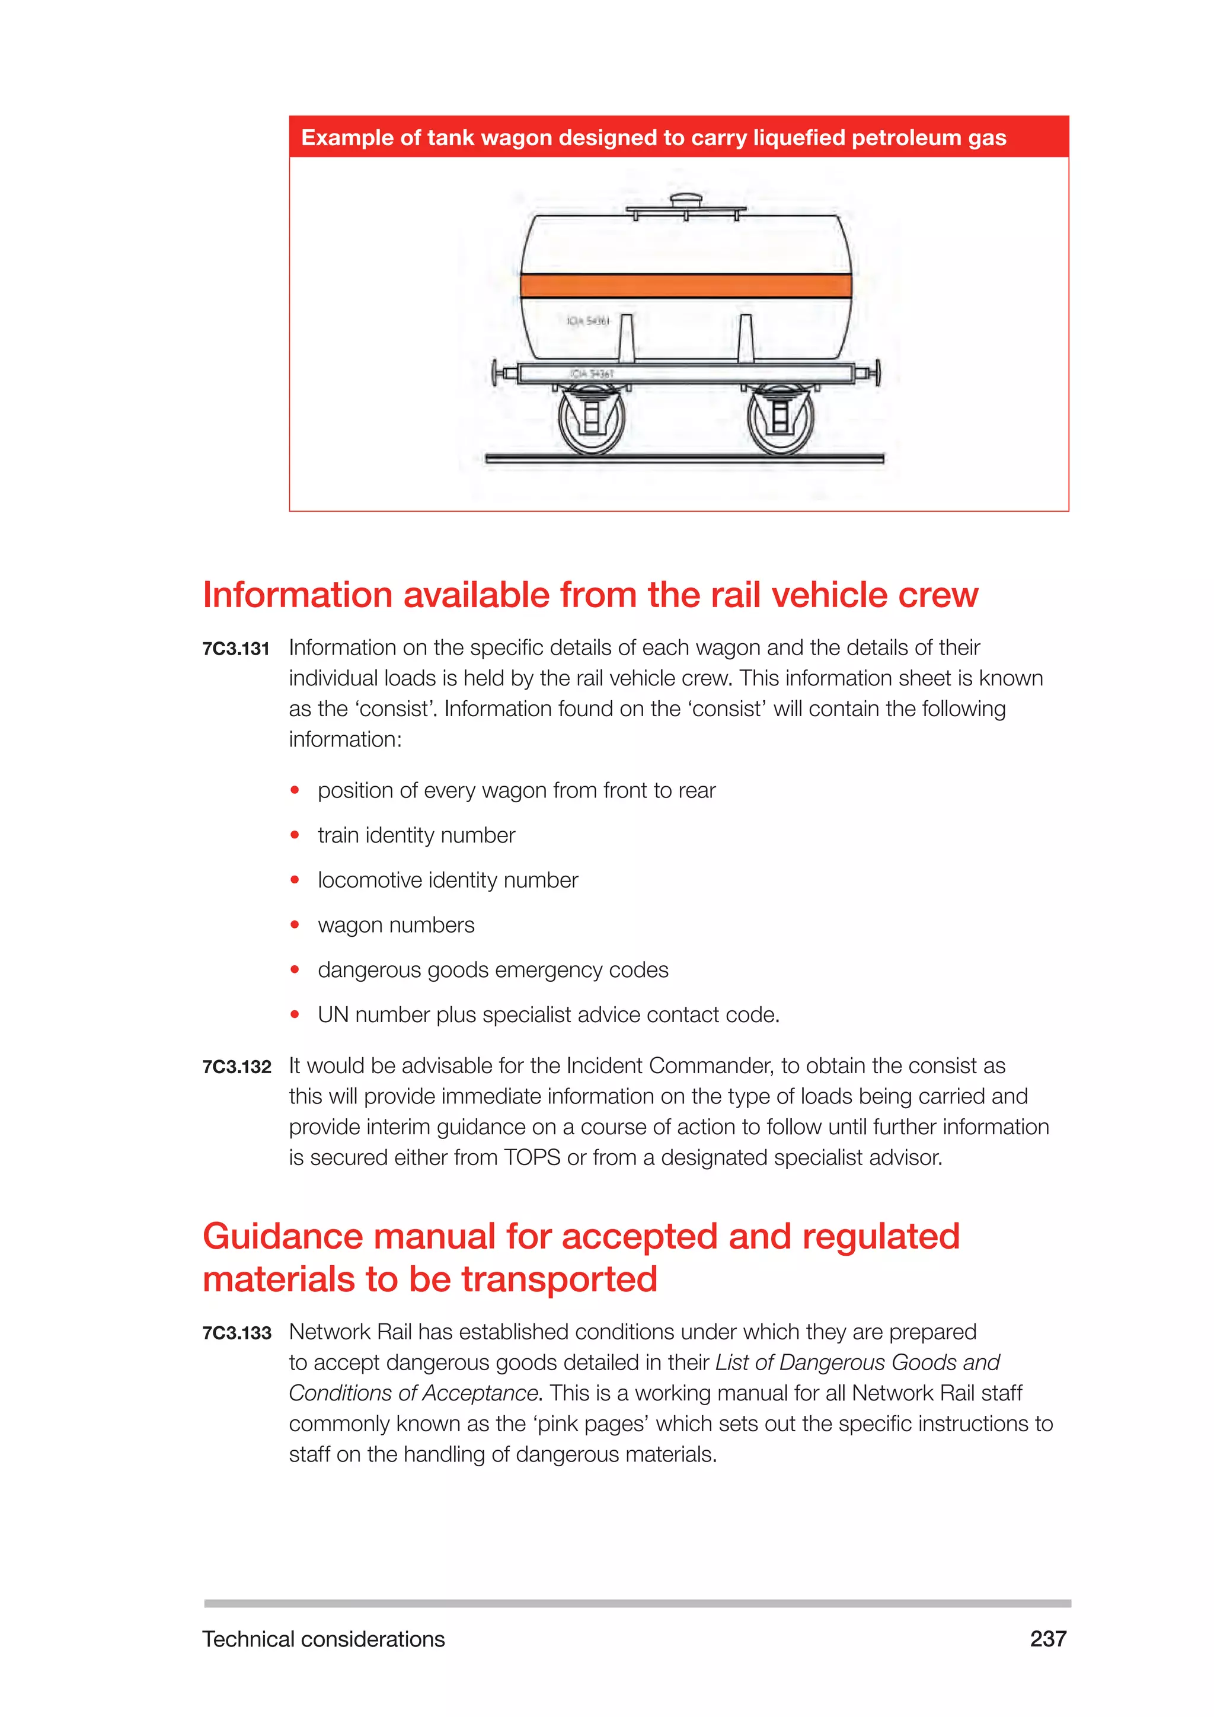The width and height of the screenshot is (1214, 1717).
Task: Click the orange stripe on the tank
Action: [685, 286]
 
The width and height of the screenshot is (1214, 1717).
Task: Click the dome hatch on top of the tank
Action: [685, 200]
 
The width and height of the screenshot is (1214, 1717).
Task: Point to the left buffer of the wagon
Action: [497, 372]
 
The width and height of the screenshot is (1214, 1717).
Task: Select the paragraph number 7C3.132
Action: [237, 1067]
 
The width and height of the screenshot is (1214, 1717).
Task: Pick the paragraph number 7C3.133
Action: [237, 1333]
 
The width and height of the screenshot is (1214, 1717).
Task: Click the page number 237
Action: [1047, 1639]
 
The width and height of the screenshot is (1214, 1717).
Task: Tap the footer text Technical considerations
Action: [323, 1639]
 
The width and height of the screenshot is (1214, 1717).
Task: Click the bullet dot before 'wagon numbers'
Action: [295, 925]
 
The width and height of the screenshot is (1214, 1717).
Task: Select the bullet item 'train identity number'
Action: [416, 835]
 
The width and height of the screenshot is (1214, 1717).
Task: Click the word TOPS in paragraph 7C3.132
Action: [532, 1158]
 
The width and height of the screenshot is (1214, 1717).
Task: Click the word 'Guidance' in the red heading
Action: [283, 1236]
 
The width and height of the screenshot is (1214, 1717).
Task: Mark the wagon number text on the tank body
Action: [587, 321]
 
